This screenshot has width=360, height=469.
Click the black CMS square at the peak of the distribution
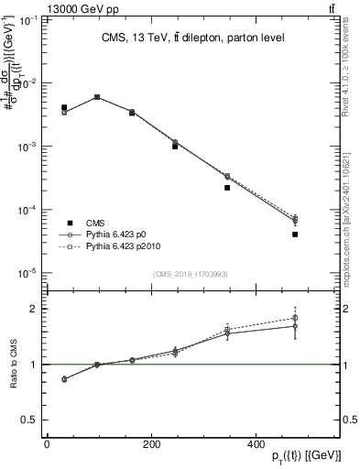click(x=97, y=97)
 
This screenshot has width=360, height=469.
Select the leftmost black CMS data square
click(x=64, y=108)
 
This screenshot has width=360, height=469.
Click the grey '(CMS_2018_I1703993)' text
click(x=190, y=274)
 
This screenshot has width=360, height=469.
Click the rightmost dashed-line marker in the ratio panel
click(x=295, y=318)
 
